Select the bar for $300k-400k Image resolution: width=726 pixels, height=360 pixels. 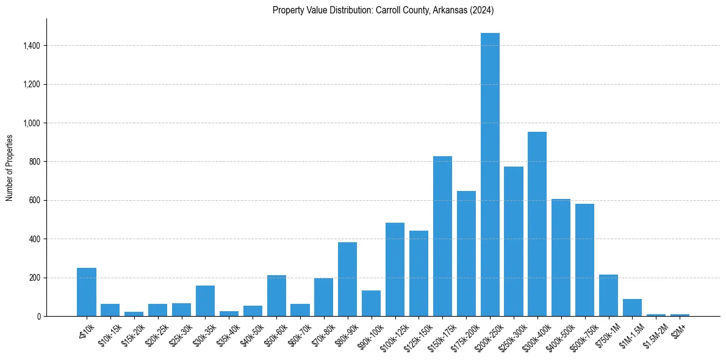537,224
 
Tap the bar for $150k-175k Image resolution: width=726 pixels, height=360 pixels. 442,236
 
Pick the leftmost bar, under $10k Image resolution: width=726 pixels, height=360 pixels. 87,292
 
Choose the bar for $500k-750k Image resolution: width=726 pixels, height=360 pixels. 584,260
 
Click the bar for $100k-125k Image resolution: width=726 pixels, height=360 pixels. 395,270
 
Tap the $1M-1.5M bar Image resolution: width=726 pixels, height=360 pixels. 632,308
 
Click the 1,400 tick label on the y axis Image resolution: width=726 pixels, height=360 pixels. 31,46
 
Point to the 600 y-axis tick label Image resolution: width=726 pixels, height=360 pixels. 34,200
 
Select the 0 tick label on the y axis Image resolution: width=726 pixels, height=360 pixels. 38,316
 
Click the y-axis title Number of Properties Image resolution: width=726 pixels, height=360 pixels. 10,168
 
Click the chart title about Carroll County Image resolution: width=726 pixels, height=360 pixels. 383,10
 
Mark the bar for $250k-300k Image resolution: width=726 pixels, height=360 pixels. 514,242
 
